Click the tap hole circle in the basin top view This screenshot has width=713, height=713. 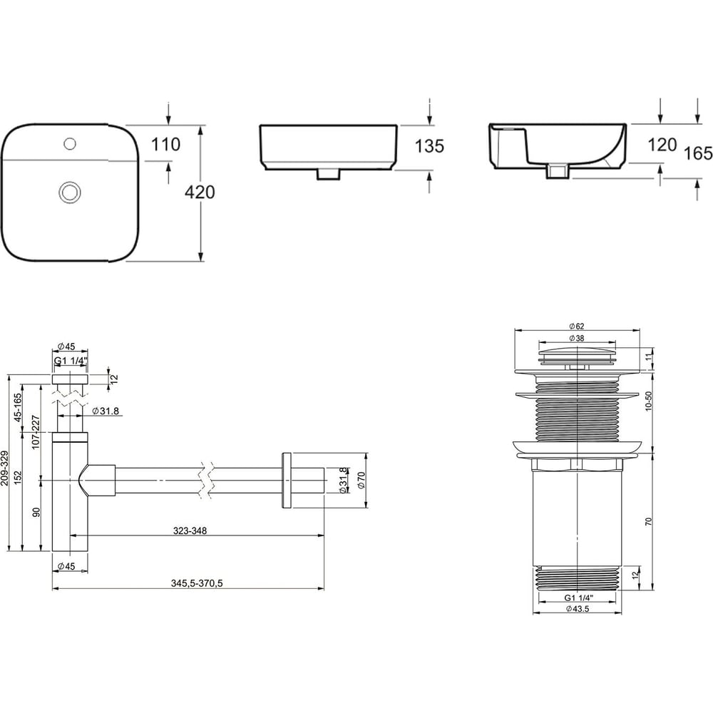[70, 144]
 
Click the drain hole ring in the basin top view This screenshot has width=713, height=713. [70, 193]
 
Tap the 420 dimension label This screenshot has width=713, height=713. [200, 193]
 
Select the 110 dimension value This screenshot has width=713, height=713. [165, 145]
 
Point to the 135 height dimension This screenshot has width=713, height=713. [429, 146]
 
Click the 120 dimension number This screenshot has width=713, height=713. [662, 145]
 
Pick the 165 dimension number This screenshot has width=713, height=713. [699, 154]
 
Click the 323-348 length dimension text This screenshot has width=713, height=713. [190, 530]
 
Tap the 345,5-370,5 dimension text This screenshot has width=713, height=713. [197, 583]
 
